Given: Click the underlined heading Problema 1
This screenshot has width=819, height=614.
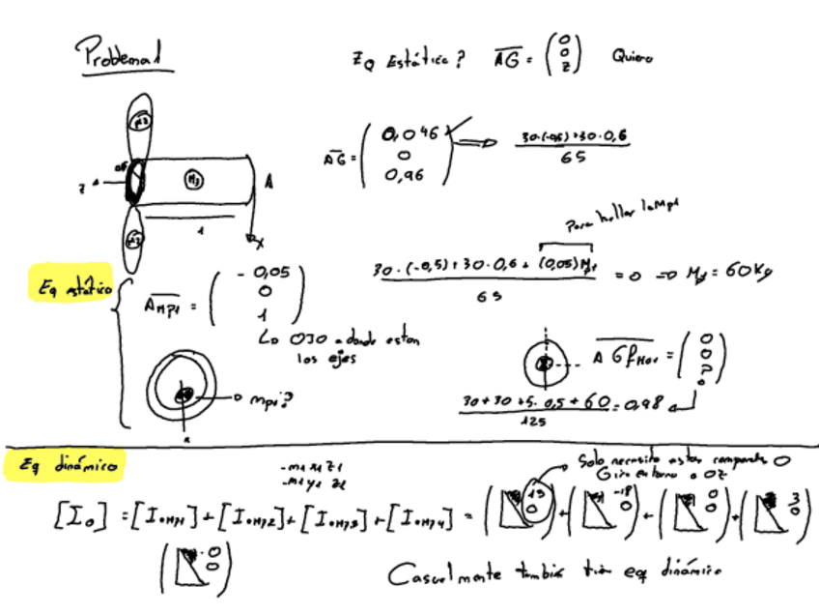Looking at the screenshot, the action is pyautogui.click(x=125, y=56).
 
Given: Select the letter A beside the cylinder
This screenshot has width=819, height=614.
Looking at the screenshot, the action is pyautogui.click(x=268, y=181).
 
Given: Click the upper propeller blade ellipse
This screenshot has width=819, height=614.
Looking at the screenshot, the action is pyautogui.click(x=141, y=126).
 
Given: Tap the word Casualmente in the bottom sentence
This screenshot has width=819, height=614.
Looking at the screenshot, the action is pyautogui.click(x=446, y=576).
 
